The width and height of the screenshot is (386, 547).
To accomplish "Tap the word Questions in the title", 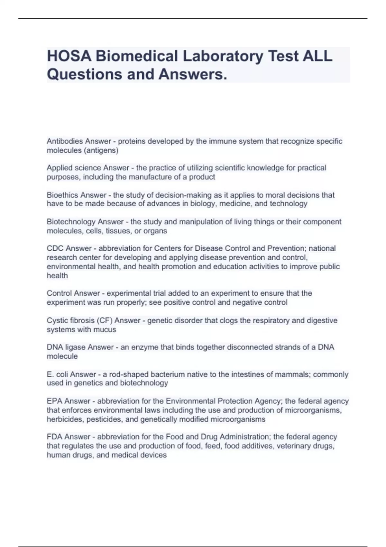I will pyautogui.click(x=85, y=74).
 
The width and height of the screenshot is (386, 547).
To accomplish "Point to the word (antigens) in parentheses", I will pyautogui.click(x=102, y=150).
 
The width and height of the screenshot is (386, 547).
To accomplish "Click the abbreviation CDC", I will pyautogui.click(x=55, y=248).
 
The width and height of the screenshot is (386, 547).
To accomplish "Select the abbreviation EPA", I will pyautogui.click(x=55, y=401).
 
